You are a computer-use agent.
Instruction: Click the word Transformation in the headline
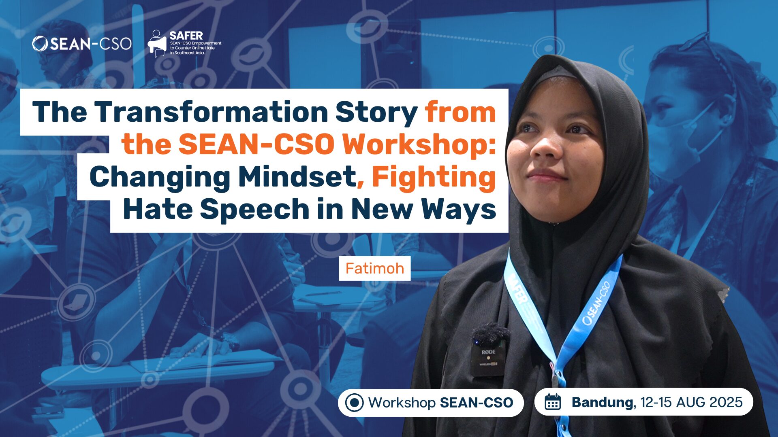click(211, 112)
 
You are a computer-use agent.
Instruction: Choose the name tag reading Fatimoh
click(374, 268)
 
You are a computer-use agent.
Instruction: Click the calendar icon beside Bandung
click(553, 402)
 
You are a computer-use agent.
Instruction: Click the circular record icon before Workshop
click(354, 403)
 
